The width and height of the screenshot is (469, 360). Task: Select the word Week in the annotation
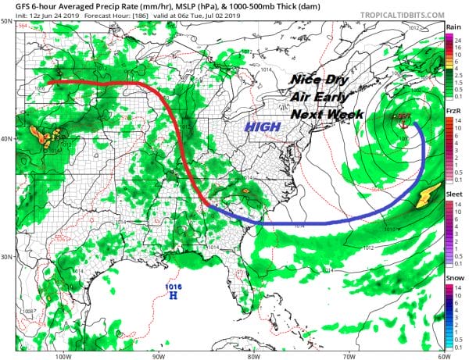coord(331,114)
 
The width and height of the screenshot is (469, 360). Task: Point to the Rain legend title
coord(453,27)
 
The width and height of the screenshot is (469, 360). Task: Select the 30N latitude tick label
coord(7,257)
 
